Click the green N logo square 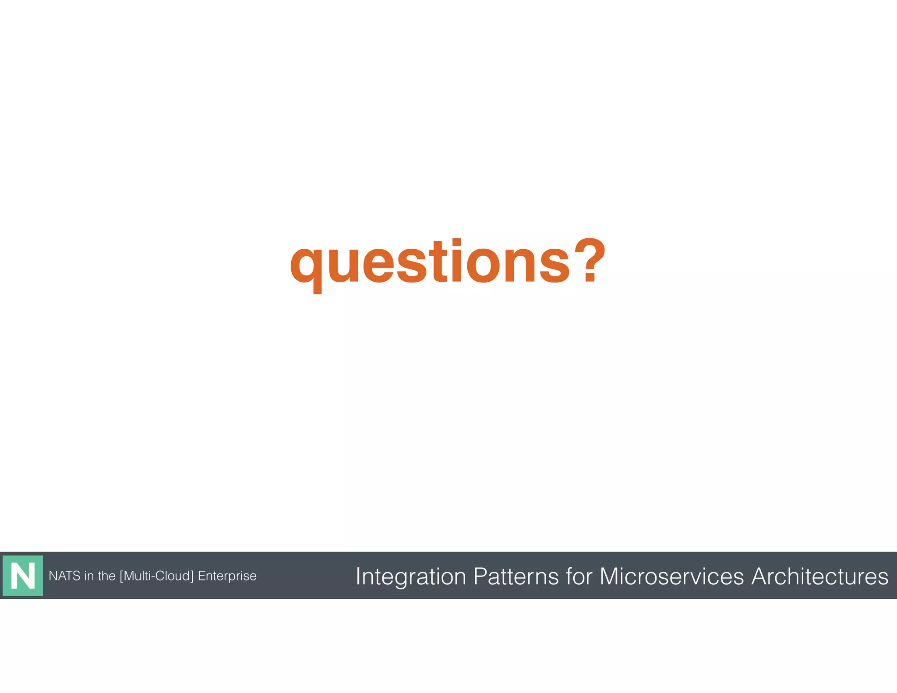(x=23, y=576)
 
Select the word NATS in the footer (x=64, y=576)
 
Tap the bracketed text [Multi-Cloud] (x=156, y=576)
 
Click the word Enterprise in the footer (x=227, y=576)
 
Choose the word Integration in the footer (x=410, y=576)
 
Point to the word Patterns (x=516, y=576)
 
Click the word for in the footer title (x=579, y=576)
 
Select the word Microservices (x=671, y=576)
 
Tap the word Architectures (x=819, y=576)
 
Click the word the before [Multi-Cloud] (x=106, y=576)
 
